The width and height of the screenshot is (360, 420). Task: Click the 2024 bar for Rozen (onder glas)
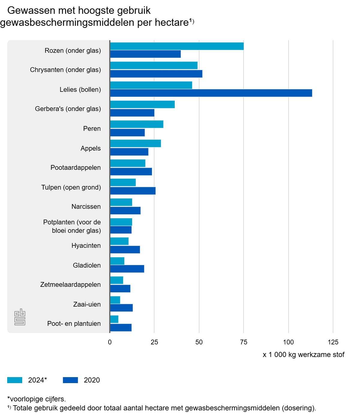(177, 46)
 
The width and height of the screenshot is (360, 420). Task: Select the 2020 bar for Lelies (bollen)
(211, 93)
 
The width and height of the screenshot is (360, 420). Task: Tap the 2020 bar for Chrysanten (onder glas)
(156, 74)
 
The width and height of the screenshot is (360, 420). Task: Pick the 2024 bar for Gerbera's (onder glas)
(142, 104)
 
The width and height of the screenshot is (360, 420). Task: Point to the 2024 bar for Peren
(137, 124)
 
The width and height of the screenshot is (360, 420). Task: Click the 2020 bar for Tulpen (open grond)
(133, 191)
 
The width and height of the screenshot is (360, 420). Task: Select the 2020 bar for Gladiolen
(127, 269)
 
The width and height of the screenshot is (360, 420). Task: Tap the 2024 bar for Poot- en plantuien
(114, 319)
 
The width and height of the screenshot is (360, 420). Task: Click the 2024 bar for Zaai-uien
(115, 300)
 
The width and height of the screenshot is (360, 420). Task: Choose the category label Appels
(91, 148)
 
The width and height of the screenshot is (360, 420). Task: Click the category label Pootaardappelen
(76, 167)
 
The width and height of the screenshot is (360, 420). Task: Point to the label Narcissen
(86, 206)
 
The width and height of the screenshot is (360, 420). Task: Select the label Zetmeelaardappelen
(70, 284)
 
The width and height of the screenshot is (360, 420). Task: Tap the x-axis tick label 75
(244, 342)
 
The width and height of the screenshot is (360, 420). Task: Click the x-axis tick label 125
(333, 342)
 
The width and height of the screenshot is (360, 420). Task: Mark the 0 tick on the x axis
(110, 342)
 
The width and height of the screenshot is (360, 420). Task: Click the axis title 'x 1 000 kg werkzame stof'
(304, 355)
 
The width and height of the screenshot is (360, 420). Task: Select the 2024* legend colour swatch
(15, 380)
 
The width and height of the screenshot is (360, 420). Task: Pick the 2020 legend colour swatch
(70, 380)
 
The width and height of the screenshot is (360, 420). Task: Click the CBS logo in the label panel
(20, 317)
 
